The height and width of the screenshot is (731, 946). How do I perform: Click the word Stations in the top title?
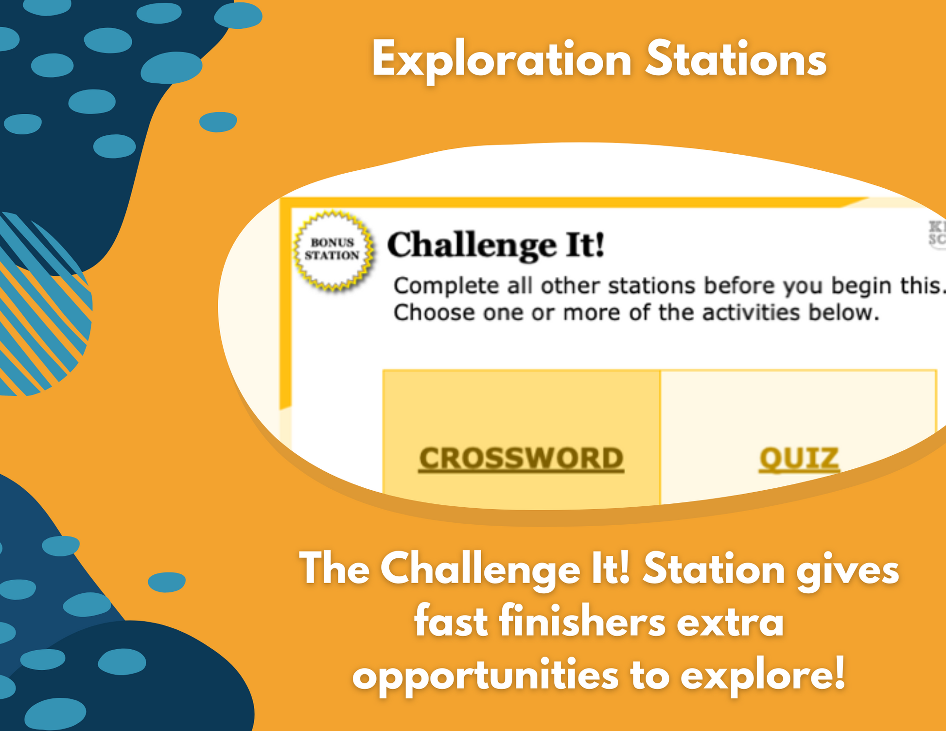(x=736, y=59)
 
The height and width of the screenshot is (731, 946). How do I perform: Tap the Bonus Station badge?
(x=333, y=250)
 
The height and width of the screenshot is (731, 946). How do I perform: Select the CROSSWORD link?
(x=521, y=458)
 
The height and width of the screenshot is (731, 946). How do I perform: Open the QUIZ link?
(x=799, y=458)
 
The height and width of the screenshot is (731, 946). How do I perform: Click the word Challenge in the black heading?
(x=472, y=245)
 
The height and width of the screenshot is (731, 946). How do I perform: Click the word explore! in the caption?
(x=763, y=676)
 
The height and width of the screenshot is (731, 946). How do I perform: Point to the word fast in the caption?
(x=451, y=622)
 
